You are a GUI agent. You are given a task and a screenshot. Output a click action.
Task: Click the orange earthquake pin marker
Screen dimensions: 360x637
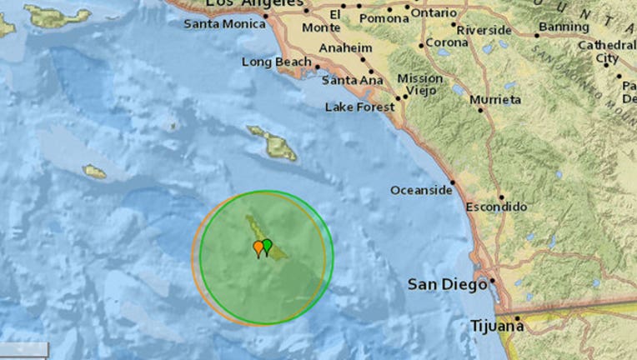(x=258, y=247)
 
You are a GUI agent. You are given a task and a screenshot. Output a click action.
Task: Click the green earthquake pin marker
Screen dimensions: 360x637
(x=267, y=245)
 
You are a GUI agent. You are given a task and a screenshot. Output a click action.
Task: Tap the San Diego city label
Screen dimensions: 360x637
(x=447, y=285)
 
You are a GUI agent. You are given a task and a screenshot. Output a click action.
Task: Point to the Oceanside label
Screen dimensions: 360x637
(x=420, y=190)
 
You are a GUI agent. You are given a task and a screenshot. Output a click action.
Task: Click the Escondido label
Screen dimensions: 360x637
(x=496, y=206)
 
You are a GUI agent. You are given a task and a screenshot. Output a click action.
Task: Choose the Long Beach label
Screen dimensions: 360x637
(x=275, y=62)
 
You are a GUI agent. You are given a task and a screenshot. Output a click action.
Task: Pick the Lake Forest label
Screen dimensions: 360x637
(x=358, y=107)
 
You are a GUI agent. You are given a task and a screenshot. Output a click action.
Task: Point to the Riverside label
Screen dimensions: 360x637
(x=484, y=30)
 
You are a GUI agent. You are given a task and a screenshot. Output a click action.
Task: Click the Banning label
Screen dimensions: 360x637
(x=564, y=26)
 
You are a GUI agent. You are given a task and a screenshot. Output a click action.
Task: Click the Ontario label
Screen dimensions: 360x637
(x=434, y=13)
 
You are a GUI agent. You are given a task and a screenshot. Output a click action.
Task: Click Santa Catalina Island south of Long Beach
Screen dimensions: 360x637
(x=272, y=143)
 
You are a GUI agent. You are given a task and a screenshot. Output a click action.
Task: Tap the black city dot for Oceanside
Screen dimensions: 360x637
(x=453, y=182)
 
